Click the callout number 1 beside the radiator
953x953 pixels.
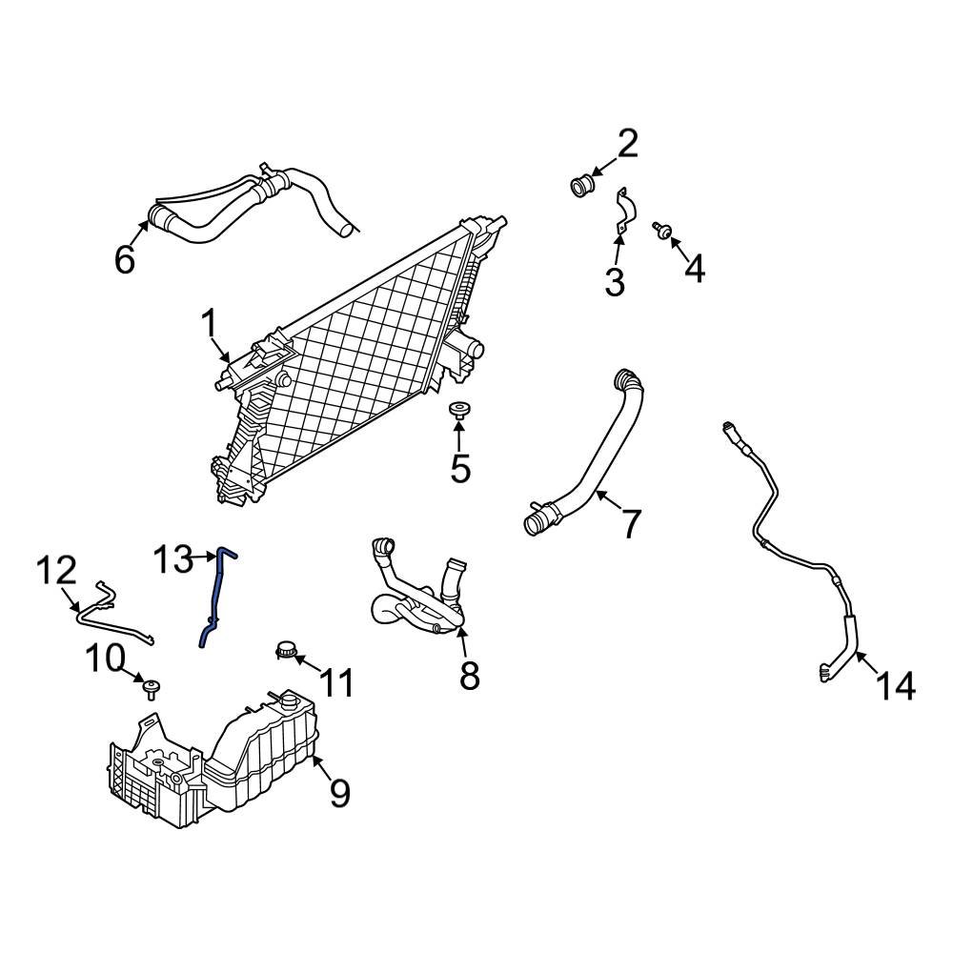click(209, 326)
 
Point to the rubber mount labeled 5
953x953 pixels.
click(458, 411)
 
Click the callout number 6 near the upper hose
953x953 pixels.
click(125, 259)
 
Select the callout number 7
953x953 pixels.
click(631, 522)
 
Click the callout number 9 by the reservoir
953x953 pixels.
click(340, 792)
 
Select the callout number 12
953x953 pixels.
click(55, 572)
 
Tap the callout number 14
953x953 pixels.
click(896, 685)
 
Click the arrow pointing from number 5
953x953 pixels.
click(458, 436)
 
